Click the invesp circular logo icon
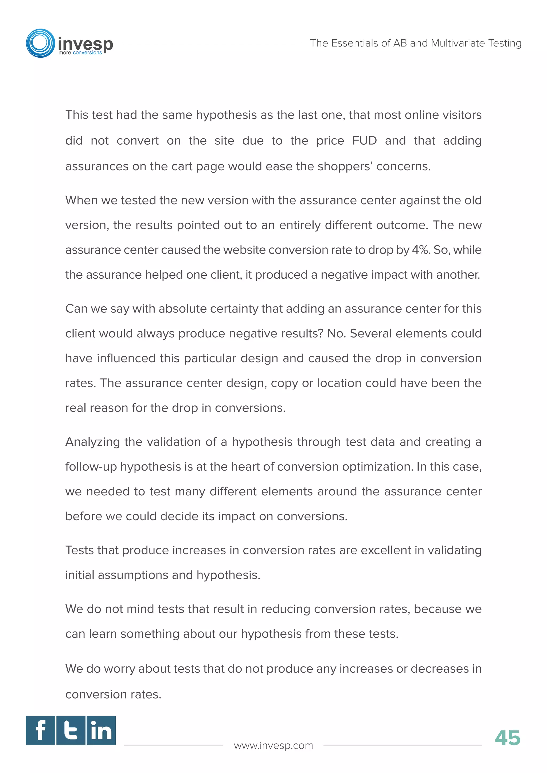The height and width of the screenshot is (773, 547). pyautogui.click(x=40, y=43)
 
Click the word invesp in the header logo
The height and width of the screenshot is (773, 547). pyautogui.click(x=85, y=44)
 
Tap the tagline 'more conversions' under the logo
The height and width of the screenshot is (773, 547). pyautogui.click(x=80, y=53)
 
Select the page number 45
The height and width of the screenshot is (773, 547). pyautogui.click(x=507, y=738)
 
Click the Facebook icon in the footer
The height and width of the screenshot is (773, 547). pyautogui.click(x=40, y=730)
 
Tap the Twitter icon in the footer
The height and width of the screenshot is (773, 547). pyautogui.click(x=71, y=730)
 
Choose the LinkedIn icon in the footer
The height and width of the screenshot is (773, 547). pyautogui.click(x=101, y=730)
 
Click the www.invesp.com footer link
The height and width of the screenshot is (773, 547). pyautogui.click(x=273, y=746)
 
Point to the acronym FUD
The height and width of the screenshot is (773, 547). pyautogui.click(x=364, y=140)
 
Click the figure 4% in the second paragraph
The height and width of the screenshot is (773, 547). pyautogui.click(x=420, y=250)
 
